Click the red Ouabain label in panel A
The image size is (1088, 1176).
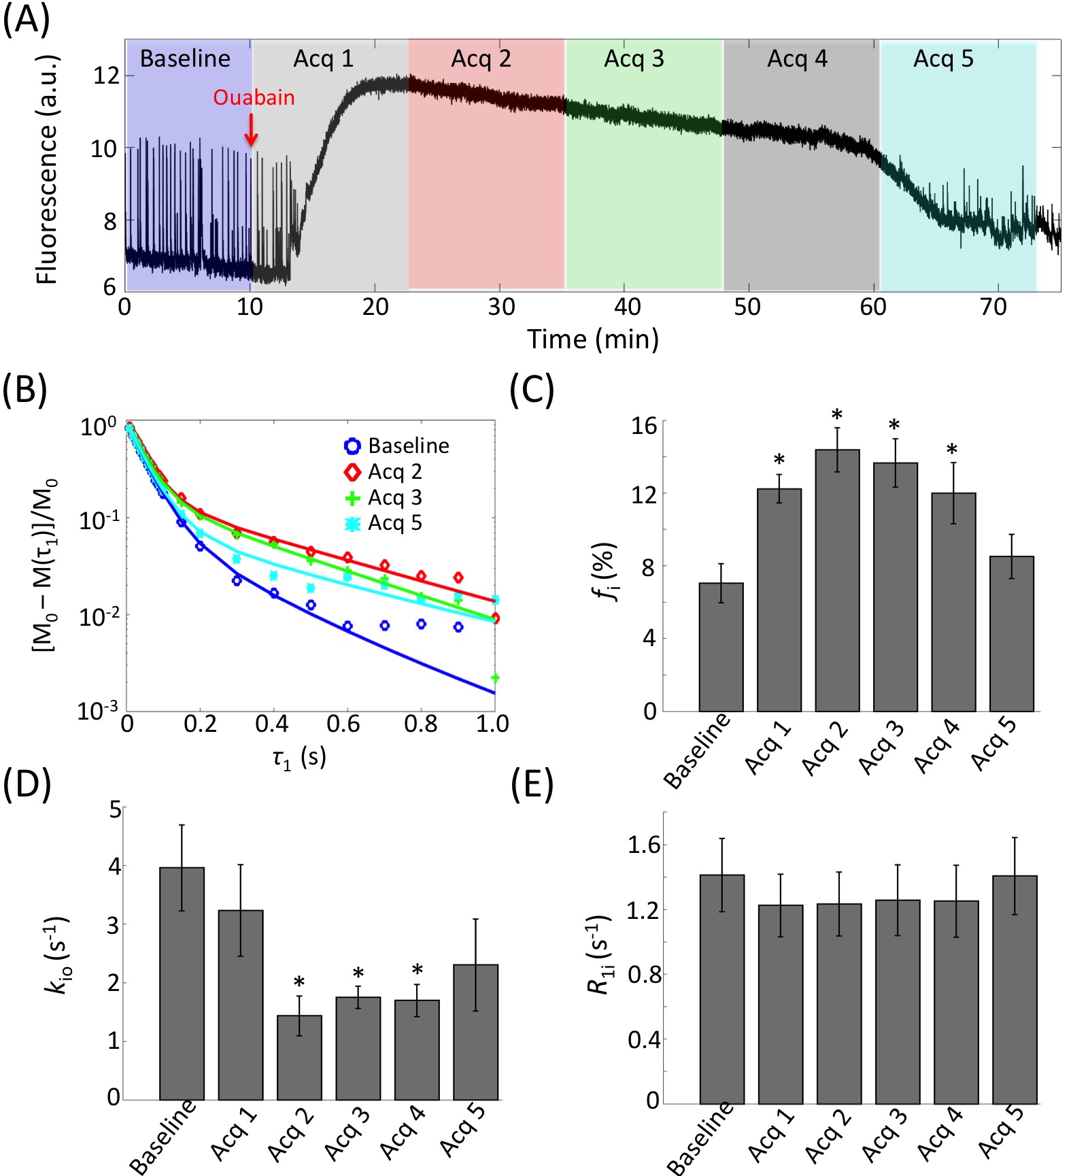coord(254,97)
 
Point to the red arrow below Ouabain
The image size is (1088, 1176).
coord(251,130)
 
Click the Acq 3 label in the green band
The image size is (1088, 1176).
coord(634,59)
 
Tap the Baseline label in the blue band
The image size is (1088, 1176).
coord(185,59)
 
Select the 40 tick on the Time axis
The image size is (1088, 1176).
coord(626,307)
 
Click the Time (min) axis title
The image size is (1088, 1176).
coord(593,339)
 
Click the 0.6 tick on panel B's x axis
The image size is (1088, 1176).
coord(345,724)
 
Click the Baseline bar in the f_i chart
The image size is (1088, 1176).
coord(721,647)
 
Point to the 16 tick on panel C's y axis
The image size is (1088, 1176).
coord(644,426)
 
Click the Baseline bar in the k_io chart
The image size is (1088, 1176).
coord(182,983)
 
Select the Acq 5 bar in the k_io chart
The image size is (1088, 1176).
coord(475,1031)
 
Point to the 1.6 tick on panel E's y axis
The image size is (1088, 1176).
coord(643,845)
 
